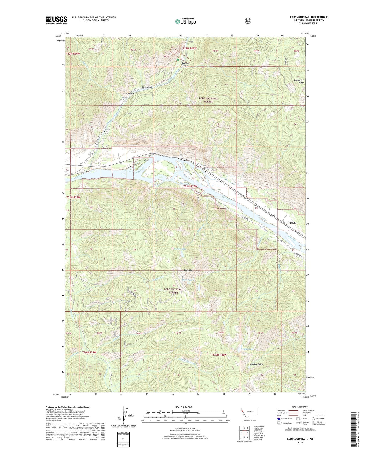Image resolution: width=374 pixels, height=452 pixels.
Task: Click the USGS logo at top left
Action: (56, 20)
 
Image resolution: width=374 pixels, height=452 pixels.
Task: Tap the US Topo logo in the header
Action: (185, 21)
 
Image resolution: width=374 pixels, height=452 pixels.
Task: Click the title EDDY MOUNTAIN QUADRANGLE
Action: (309, 17)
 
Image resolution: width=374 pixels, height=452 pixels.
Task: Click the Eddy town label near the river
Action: (293, 223)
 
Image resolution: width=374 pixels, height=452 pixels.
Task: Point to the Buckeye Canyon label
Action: (185, 64)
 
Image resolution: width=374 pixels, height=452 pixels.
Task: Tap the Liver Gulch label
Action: (147, 88)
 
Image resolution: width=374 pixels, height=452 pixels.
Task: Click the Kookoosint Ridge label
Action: (299, 81)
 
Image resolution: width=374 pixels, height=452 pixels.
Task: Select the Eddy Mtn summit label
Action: (188, 270)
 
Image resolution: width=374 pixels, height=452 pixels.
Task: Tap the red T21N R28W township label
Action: (190, 186)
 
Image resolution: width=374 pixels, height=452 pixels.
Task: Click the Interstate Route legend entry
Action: (284, 419)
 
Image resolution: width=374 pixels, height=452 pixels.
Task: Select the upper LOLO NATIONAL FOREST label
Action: (208, 100)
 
